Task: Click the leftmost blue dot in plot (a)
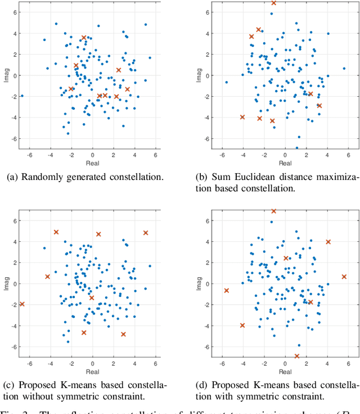[22, 96]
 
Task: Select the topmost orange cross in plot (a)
[84, 38]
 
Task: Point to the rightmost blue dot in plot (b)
[344, 69]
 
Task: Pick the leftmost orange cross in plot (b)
[242, 117]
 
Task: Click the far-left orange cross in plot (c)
[22, 304]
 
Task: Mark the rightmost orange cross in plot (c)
[146, 233]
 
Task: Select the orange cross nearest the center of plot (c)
[92, 298]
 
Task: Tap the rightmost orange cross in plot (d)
[344, 277]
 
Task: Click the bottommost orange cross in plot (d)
[297, 356]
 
